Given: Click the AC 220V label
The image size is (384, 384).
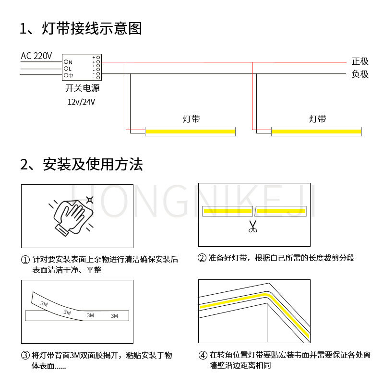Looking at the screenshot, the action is click(x=36, y=56).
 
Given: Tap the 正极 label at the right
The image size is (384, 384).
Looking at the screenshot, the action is click(x=360, y=61).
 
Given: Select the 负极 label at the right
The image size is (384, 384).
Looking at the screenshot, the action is click(x=360, y=74).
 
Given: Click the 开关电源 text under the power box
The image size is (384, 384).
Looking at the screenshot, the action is click(x=82, y=89).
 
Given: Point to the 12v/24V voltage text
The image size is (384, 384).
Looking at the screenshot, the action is click(x=82, y=102).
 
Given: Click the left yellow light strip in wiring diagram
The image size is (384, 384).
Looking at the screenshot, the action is click(x=190, y=131).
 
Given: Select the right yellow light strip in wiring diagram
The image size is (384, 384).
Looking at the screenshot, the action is click(x=316, y=131).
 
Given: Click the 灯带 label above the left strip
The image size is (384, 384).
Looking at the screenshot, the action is click(x=191, y=119).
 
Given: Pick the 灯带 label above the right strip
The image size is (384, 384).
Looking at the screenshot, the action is click(x=317, y=119).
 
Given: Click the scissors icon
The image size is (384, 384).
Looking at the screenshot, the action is click(x=252, y=227).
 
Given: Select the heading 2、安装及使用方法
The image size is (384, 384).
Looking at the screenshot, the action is click(x=82, y=164).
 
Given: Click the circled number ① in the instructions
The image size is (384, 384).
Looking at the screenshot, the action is click(x=25, y=259).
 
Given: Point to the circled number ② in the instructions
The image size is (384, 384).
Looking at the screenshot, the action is click(x=202, y=258).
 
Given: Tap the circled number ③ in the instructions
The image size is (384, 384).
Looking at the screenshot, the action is click(x=25, y=356).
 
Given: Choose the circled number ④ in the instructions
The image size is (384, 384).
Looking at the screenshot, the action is click(x=203, y=356).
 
